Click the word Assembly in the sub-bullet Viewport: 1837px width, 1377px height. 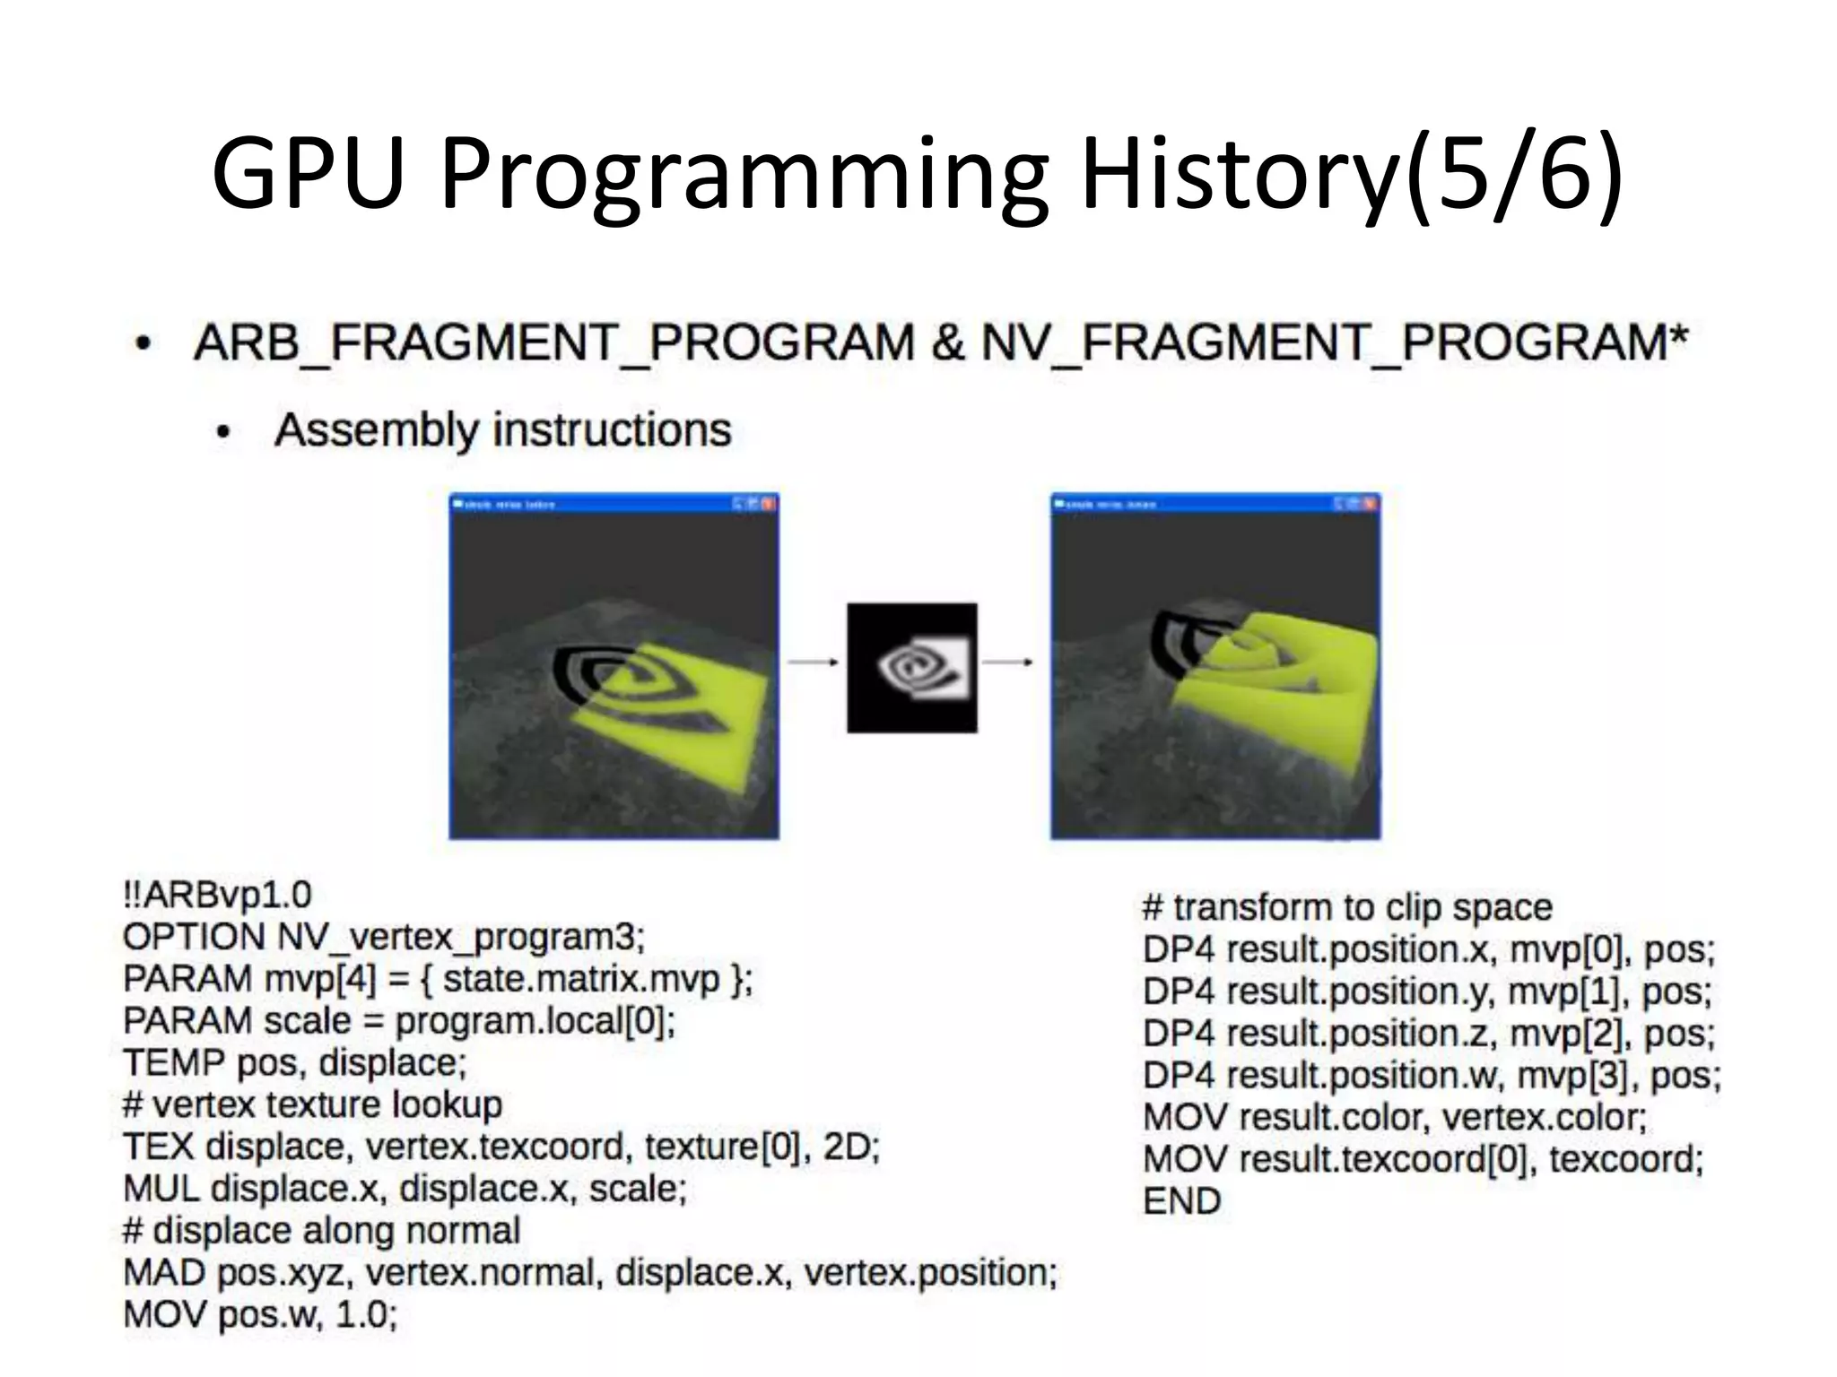[377, 430]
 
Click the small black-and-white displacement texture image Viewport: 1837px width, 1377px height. [911, 668]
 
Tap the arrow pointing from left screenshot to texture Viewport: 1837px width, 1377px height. [813, 663]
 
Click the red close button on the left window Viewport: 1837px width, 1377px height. [769, 504]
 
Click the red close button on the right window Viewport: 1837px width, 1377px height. [1370, 504]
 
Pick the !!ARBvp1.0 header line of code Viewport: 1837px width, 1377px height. [217, 895]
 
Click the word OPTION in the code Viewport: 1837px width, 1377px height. [194, 937]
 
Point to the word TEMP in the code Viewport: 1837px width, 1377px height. [174, 1063]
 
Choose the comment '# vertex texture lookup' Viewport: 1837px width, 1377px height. [312, 1104]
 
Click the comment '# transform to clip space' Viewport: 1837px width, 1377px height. [1347, 907]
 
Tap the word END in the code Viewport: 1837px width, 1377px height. [1181, 1201]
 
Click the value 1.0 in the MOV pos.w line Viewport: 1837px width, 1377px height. [365, 1315]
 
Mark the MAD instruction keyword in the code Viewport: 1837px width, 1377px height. [165, 1273]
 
